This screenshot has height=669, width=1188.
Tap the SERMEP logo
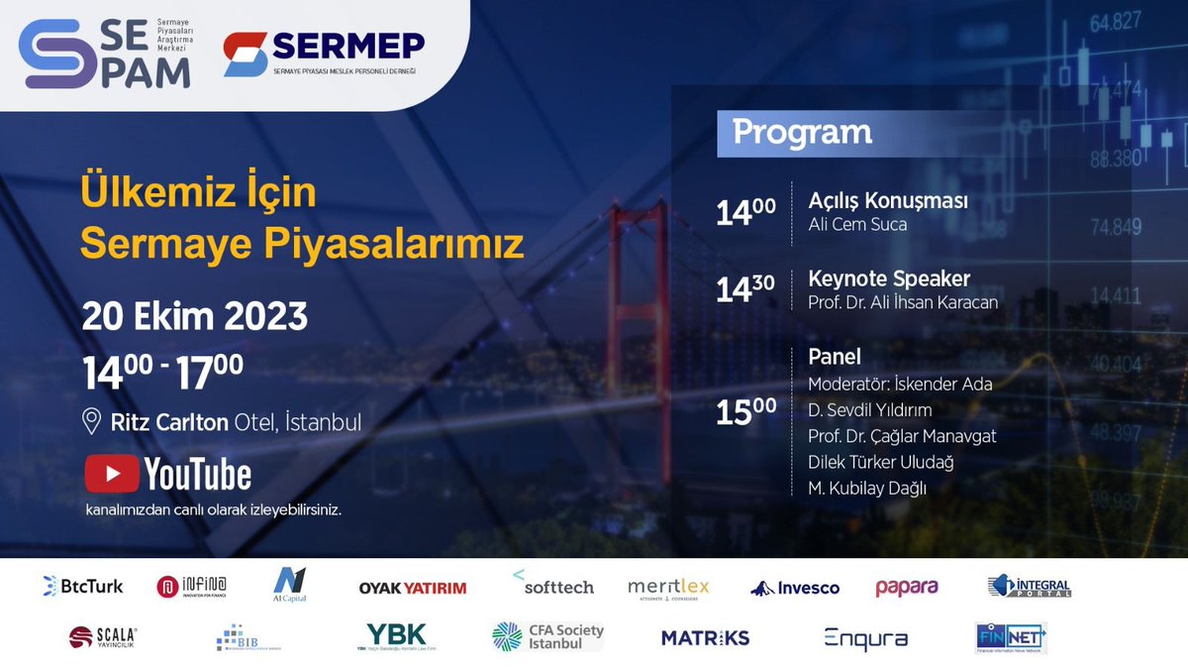323,54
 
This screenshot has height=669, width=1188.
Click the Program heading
802,132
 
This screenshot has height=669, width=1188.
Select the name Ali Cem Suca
857,225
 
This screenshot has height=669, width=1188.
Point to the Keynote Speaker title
889,278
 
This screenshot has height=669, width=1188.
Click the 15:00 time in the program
745,410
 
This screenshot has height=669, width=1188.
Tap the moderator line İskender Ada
900,384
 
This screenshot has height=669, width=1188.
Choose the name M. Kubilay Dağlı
867,487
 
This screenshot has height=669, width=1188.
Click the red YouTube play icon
111,473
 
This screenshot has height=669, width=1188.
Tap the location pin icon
92,422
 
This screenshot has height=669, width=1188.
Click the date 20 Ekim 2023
194,317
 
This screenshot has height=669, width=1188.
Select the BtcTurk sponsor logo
83,586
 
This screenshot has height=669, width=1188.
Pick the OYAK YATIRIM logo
412,588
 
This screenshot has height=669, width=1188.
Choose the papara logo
906,587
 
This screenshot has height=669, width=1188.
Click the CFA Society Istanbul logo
547,636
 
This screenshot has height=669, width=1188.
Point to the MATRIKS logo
706,637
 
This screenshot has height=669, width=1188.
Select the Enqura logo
865,638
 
